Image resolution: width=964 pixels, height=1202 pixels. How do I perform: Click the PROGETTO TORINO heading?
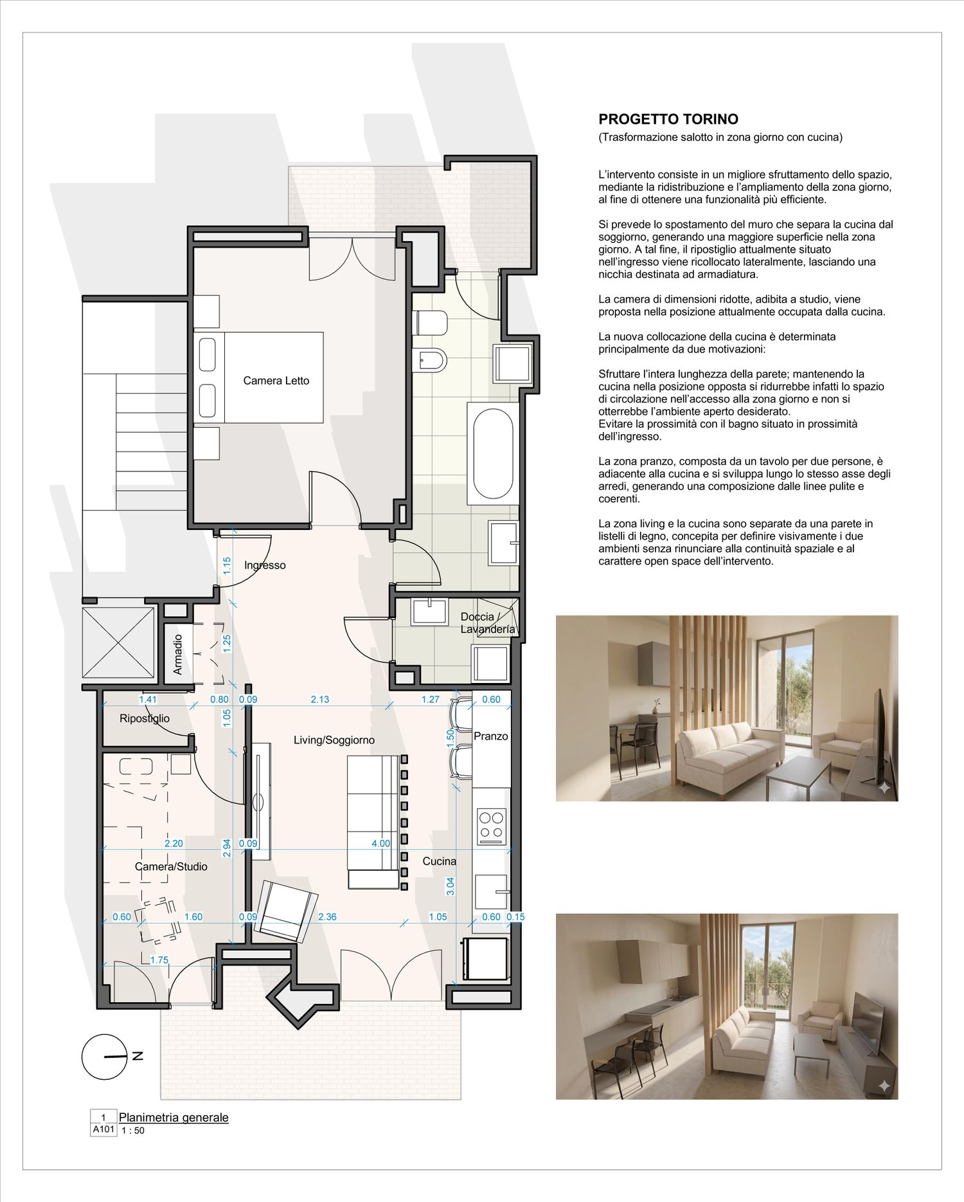coord(668,119)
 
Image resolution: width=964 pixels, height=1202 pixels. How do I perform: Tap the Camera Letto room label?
coord(276,381)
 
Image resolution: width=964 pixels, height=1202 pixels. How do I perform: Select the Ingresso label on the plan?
coord(265,565)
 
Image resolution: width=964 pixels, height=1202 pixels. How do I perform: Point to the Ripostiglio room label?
coord(145,718)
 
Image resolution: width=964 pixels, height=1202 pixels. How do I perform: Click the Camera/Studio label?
coord(171,867)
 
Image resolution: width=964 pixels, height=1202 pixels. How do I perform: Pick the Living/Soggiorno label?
coord(334,740)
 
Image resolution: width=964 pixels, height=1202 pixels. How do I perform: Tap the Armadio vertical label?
coord(178,655)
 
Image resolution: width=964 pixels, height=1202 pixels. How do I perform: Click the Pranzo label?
coord(491,736)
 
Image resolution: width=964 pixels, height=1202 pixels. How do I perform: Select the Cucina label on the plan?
coord(440,861)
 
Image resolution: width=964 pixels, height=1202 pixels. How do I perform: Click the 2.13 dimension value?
coord(320,700)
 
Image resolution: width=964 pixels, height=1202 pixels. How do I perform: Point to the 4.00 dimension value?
coord(381,843)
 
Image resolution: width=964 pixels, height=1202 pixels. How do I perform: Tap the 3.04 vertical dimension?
coord(451,886)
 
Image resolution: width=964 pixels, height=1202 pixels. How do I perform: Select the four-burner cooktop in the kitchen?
coord(492,826)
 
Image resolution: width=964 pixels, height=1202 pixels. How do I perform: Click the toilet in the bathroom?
coord(431,323)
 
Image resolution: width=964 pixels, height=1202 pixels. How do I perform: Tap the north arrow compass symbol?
coord(105,1057)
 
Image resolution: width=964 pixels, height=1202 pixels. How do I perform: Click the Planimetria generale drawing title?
coord(174,1117)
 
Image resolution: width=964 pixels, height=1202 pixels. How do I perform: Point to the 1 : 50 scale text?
coord(133,1131)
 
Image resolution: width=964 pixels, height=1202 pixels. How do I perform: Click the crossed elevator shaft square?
coord(119,642)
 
